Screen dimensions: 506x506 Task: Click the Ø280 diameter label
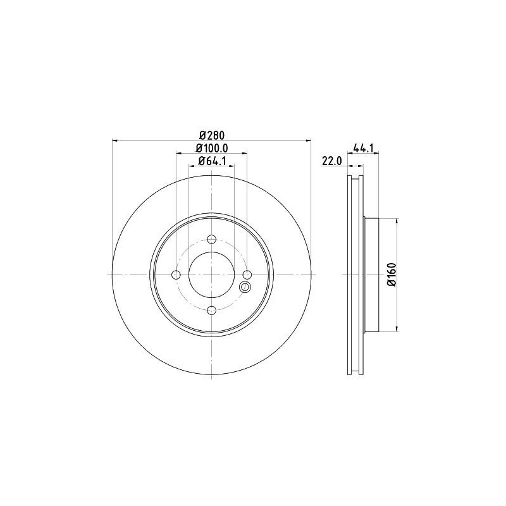click(211, 135)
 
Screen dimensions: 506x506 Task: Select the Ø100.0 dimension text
click(212, 148)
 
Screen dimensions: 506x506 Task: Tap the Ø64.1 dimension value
click(212, 161)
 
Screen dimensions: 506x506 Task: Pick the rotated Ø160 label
click(392, 275)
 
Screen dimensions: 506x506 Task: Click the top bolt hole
click(211, 240)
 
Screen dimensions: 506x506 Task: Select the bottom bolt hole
click(211, 311)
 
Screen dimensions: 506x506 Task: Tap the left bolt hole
click(176, 275)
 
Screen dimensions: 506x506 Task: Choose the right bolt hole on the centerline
click(247, 275)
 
